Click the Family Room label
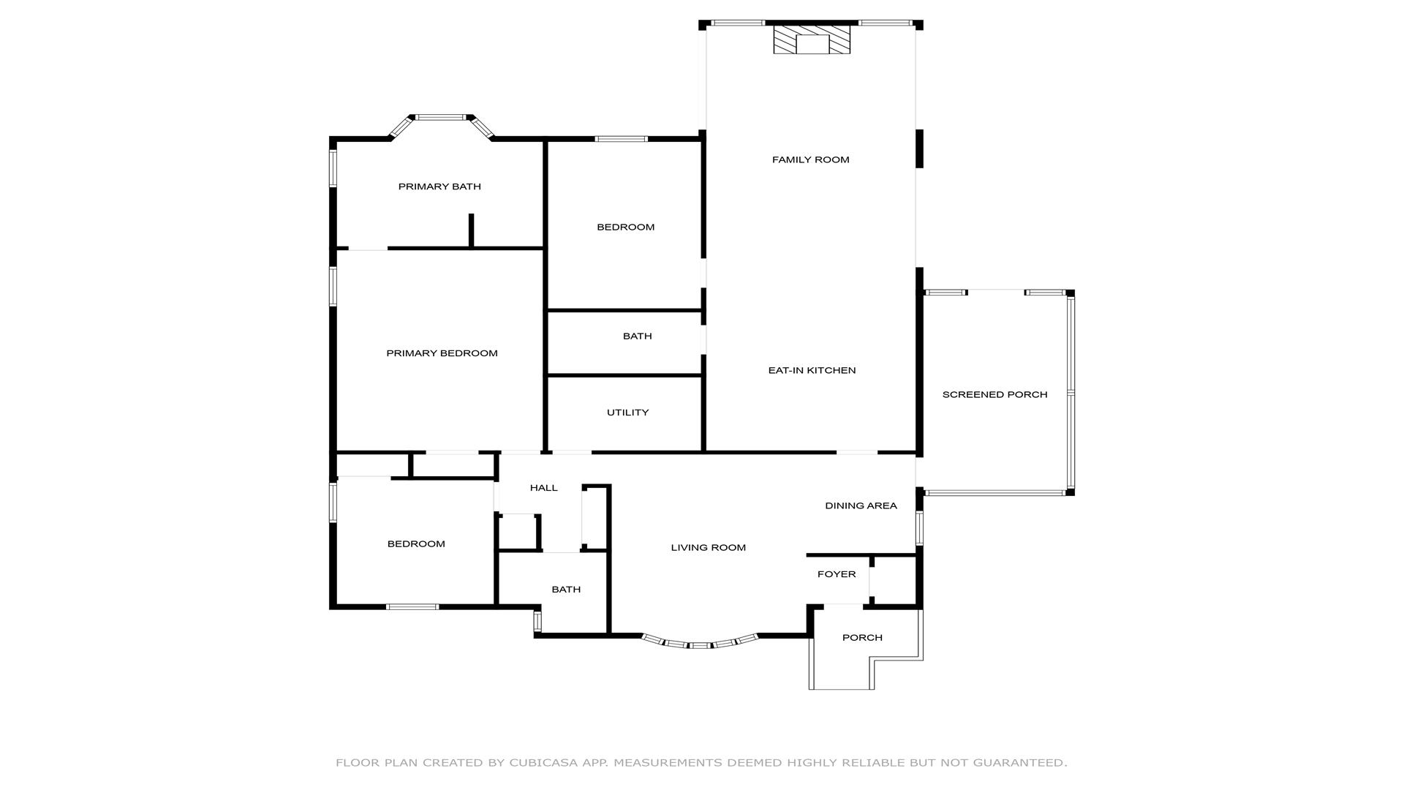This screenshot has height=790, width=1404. [x=810, y=159]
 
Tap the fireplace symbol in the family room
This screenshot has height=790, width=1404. [x=812, y=40]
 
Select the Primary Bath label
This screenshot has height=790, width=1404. [x=439, y=187]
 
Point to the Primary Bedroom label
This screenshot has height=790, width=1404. [x=442, y=353]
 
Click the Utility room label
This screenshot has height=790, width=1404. [x=627, y=413]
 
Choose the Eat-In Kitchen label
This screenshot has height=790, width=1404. [x=812, y=370]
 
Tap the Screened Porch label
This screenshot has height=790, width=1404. [x=994, y=394]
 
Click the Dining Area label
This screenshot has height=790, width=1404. [x=861, y=505]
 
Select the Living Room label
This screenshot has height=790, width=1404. [x=708, y=547]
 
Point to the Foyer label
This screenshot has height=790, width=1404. [x=836, y=574]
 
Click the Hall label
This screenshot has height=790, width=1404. [x=543, y=488]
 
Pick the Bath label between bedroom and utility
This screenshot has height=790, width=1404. [x=637, y=336]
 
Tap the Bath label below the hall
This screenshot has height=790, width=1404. [x=566, y=590]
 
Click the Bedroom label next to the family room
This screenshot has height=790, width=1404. [x=625, y=227]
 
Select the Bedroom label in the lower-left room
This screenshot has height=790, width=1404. [x=415, y=543]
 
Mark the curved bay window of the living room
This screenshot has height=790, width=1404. [x=700, y=645]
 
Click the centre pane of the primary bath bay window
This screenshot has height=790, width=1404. [x=442, y=117]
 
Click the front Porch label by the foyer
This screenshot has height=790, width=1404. [x=862, y=637]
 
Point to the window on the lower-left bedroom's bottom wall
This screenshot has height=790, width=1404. [x=412, y=606]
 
